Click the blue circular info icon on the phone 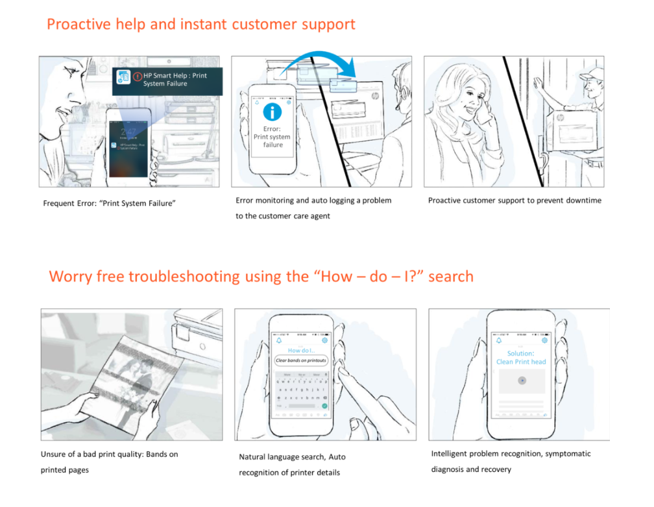[x=272, y=111]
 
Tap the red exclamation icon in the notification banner [x=137, y=76]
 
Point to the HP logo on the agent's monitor [x=375, y=96]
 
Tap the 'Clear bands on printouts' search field [x=301, y=360]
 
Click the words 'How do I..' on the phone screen [x=300, y=350]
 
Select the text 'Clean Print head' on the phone [x=521, y=362]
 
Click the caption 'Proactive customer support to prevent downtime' [x=515, y=200]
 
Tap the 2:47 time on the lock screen [x=128, y=132]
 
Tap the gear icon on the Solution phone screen [x=544, y=340]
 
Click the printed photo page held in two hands [x=117, y=376]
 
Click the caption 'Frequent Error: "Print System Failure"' [x=110, y=204]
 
